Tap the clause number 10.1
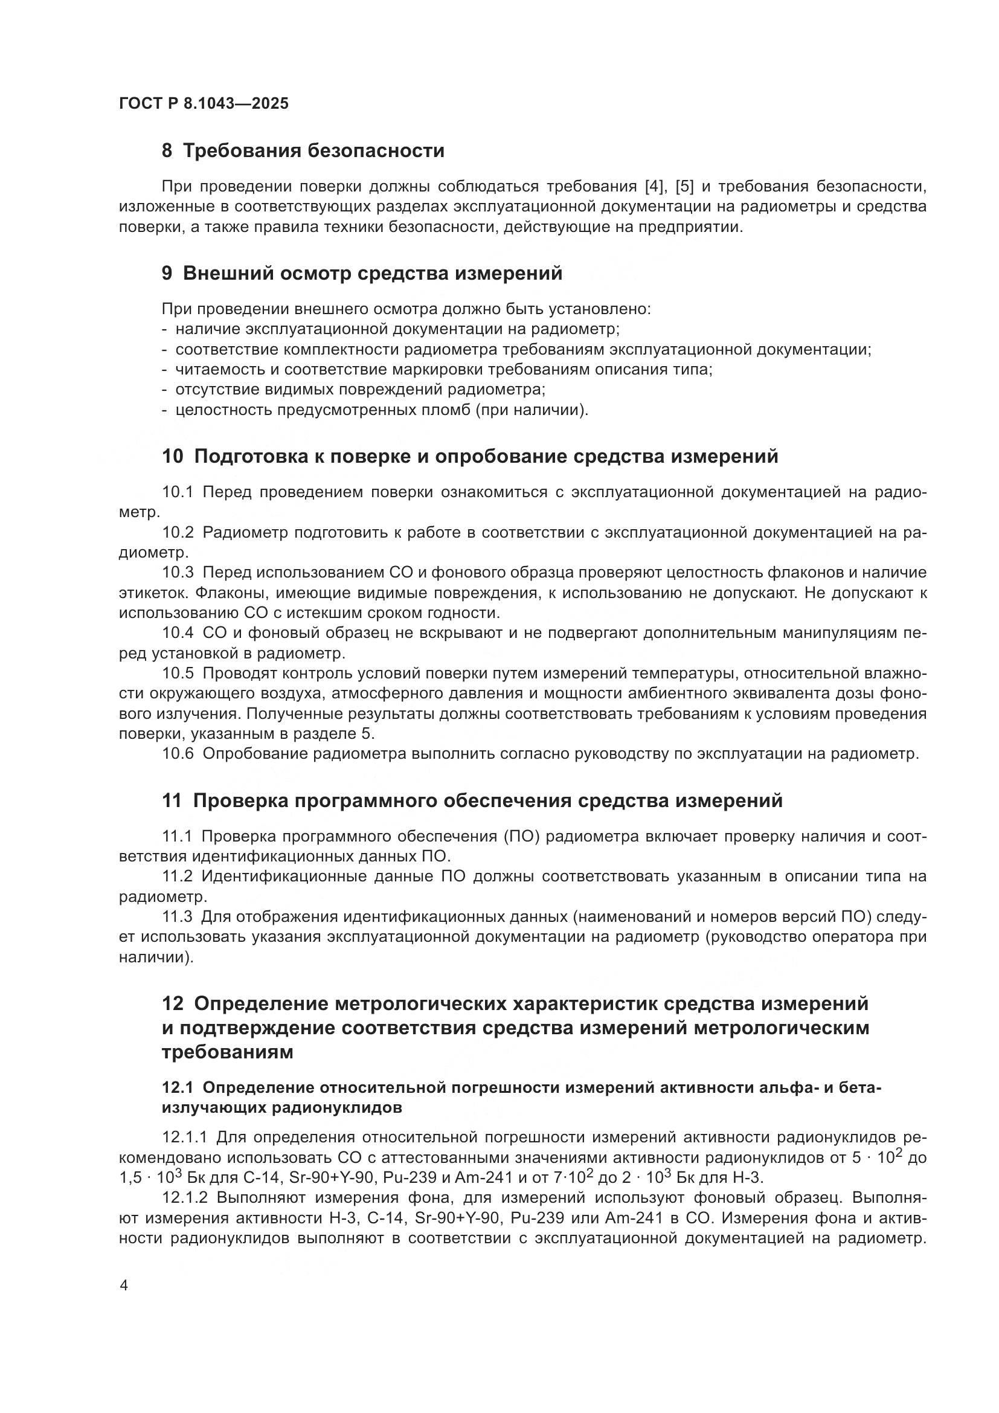[x=178, y=492]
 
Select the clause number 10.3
[x=178, y=573]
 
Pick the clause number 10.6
[x=178, y=754]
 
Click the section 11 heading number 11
[x=172, y=801]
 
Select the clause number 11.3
[x=177, y=918]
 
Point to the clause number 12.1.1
[x=185, y=1137]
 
